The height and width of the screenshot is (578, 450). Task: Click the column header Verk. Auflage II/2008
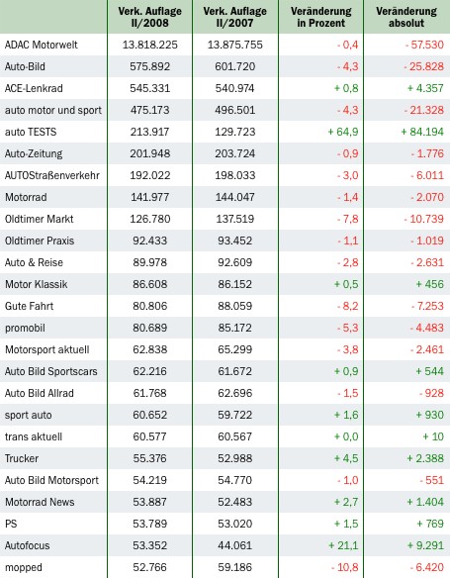pos(150,17)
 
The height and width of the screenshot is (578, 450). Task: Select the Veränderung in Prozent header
pos(321,17)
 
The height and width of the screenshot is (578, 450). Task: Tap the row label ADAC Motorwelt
pos(42,45)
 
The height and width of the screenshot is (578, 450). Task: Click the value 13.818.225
pos(150,45)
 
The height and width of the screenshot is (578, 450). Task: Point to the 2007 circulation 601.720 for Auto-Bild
pos(235,66)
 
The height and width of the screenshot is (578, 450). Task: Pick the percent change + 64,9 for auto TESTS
pos(343,132)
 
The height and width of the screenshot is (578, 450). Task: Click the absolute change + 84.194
pos(422,132)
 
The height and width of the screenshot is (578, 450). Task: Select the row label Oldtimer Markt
pos(39,219)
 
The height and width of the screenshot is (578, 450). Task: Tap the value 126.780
pos(150,219)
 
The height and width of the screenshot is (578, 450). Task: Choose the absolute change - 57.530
pos(424,45)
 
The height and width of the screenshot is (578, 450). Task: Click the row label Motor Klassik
pos(36,284)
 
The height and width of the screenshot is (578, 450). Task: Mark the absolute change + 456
pos(430,284)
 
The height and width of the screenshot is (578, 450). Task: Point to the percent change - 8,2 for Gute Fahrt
pos(347,306)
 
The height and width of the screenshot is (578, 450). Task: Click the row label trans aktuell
pos(34,436)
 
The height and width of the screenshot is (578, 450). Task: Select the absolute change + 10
pos(433,436)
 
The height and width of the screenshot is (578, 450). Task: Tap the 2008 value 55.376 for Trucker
pos(150,458)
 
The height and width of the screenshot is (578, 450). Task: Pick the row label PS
pos(11,524)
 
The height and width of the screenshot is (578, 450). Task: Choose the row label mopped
pos(24,567)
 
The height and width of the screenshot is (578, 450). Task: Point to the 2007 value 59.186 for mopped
pos(235,567)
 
